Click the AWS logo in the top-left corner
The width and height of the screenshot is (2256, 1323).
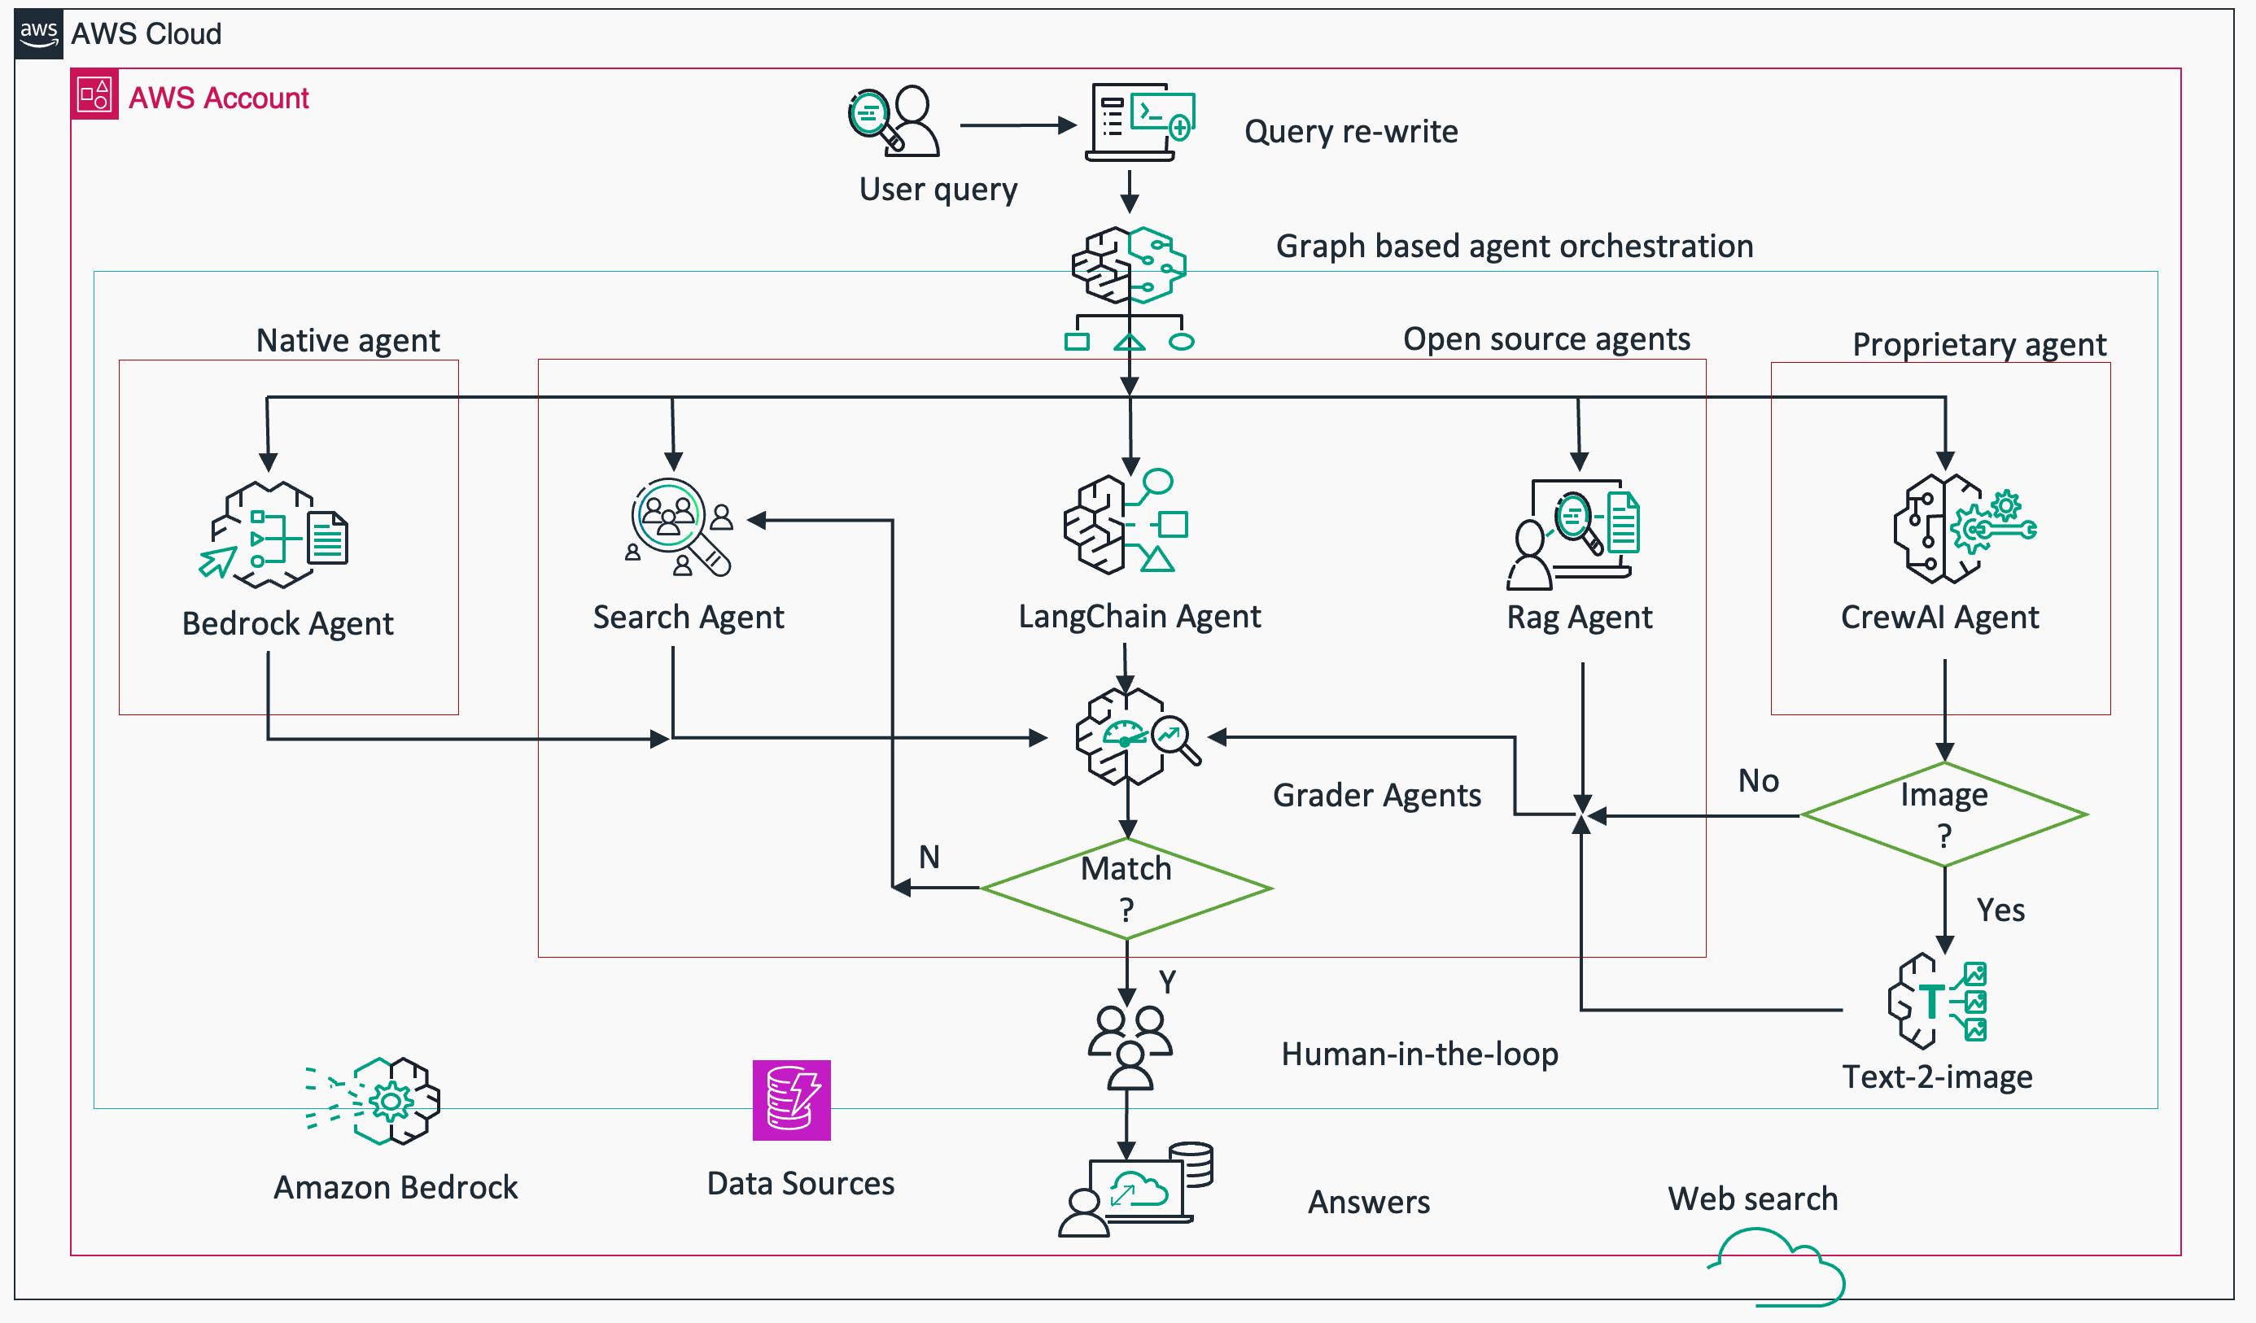38,34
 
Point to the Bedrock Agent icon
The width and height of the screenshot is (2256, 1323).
274,535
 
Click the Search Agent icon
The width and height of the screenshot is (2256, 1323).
680,528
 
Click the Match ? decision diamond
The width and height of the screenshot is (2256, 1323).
1126,889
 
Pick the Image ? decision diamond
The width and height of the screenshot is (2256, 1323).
1943,814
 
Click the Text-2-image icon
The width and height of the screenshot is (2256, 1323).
1936,1001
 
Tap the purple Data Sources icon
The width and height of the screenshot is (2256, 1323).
791,1100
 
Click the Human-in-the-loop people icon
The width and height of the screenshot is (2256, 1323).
1129,1046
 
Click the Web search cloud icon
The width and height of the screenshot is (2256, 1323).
1777,1268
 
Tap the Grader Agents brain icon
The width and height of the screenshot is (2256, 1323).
1135,736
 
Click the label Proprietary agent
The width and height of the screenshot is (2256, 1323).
1978,345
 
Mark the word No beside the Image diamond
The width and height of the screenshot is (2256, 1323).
1757,780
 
